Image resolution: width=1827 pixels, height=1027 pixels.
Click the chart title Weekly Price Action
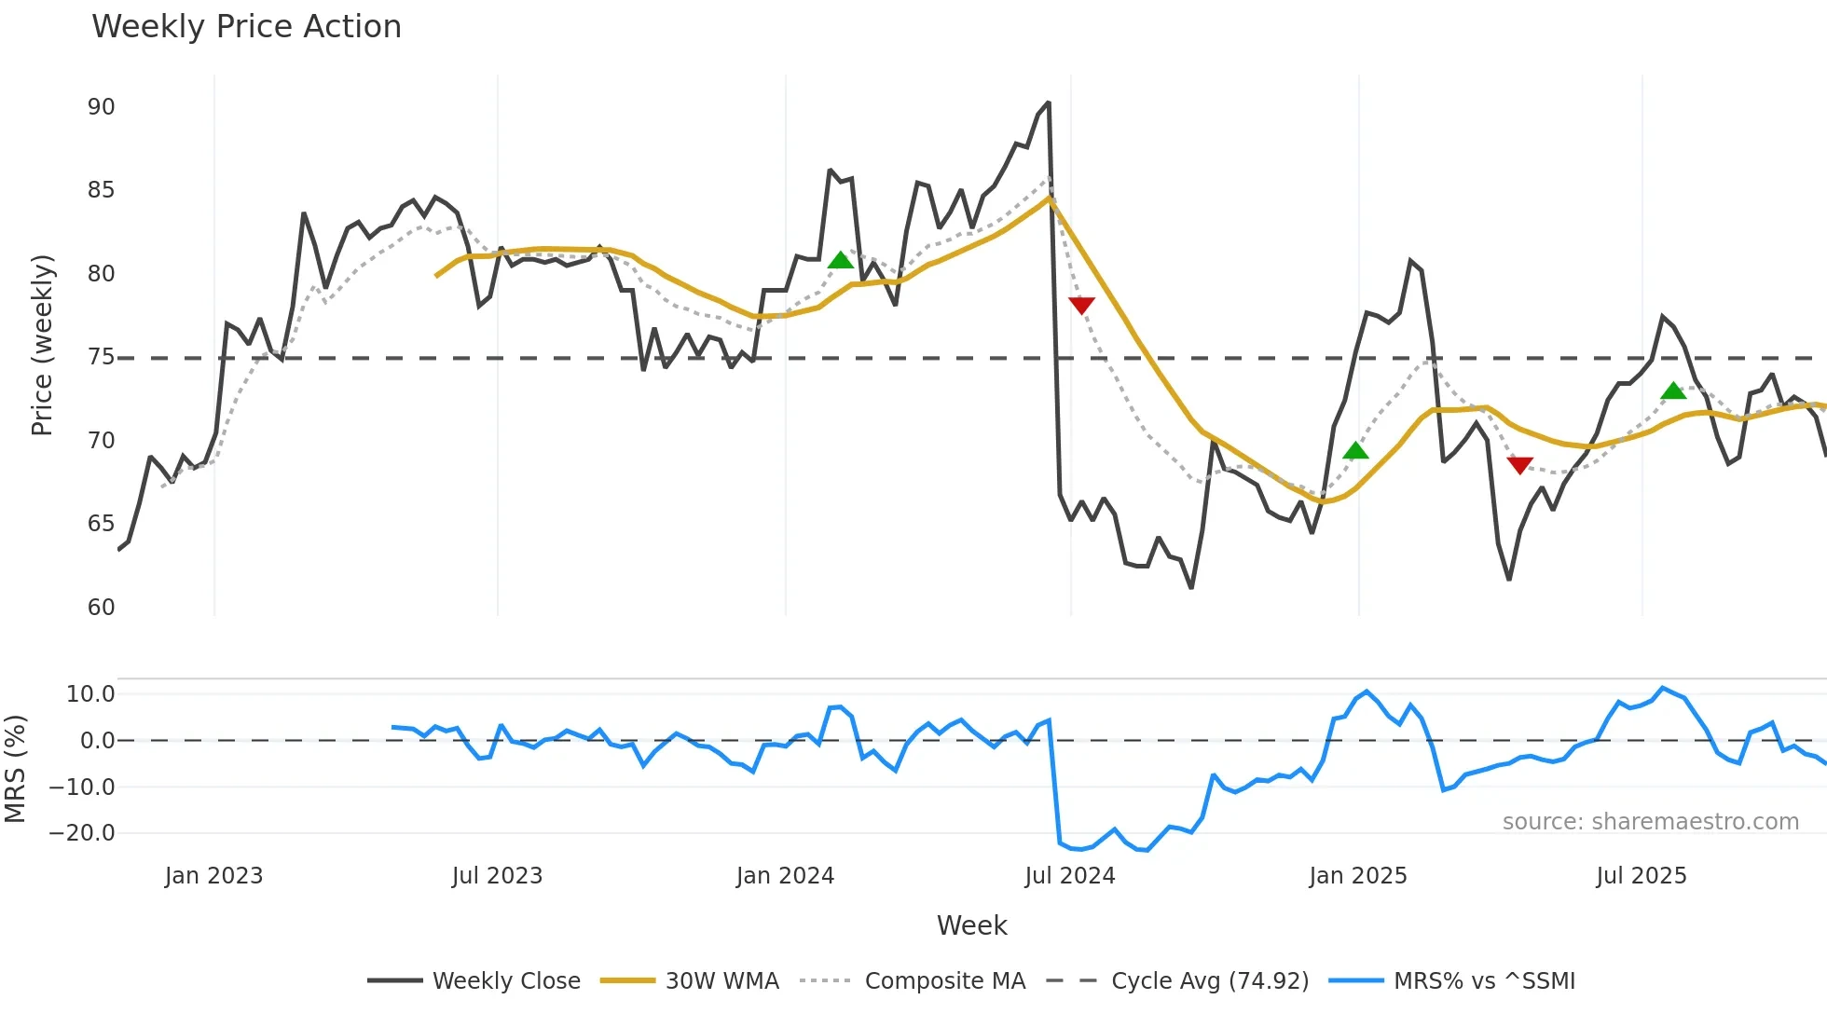tap(246, 27)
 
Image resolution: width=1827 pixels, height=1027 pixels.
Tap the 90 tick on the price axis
tap(101, 107)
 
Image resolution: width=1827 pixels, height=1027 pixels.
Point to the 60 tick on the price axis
tap(101, 608)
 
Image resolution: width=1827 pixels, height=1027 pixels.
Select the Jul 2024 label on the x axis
tap(1069, 876)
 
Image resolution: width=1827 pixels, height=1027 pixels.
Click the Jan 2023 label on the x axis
tap(213, 876)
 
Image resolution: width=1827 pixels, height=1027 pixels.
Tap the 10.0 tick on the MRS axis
tap(90, 694)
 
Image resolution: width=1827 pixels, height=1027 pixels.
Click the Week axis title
tap(971, 925)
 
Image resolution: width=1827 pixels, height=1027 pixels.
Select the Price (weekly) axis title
tap(42, 346)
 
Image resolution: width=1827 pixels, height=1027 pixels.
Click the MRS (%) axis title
tap(15, 769)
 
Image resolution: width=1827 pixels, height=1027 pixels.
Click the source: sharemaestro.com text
tap(1650, 822)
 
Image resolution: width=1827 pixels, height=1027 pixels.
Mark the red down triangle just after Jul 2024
tap(1081, 305)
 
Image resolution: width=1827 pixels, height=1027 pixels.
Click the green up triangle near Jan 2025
tap(1355, 451)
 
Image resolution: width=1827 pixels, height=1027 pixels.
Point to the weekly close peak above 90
tap(1049, 103)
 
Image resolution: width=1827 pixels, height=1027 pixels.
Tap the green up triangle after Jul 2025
tap(1673, 391)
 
